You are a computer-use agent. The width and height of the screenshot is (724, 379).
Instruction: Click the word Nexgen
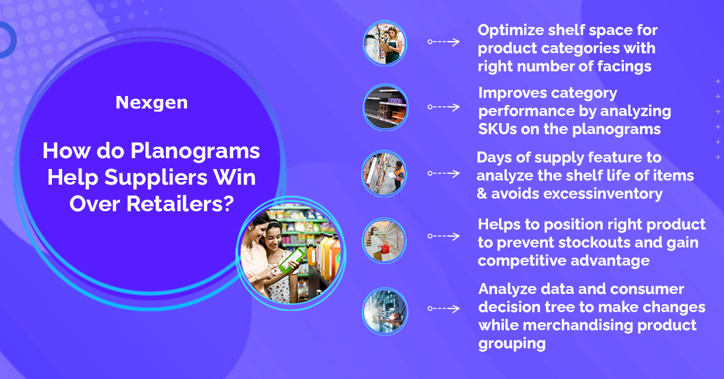click(151, 103)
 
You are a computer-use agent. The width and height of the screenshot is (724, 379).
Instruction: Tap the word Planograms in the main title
click(195, 152)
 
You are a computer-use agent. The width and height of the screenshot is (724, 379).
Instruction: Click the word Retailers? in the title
click(180, 204)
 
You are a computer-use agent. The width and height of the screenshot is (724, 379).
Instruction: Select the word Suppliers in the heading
click(156, 178)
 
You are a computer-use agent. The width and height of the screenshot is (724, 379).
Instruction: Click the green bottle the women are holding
click(292, 260)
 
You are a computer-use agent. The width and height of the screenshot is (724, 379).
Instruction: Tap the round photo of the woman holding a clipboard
click(385, 43)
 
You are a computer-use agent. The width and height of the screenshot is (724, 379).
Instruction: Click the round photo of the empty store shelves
click(386, 107)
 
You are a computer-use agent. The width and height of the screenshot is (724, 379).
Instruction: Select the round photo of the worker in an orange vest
click(384, 174)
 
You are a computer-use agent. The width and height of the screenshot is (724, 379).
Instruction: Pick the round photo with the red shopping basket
click(384, 241)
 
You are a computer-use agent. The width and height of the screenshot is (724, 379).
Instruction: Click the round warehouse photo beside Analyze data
click(385, 311)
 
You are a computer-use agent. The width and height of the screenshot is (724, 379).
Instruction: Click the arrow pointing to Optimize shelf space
click(443, 42)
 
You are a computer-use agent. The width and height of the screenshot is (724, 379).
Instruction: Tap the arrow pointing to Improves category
click(443, 107)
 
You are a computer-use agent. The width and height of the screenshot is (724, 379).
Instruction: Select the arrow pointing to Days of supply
click(443, 173)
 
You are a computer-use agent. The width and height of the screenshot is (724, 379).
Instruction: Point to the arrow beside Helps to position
click(443, 236)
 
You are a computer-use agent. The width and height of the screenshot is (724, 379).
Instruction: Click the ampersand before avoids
click(481, 194)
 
